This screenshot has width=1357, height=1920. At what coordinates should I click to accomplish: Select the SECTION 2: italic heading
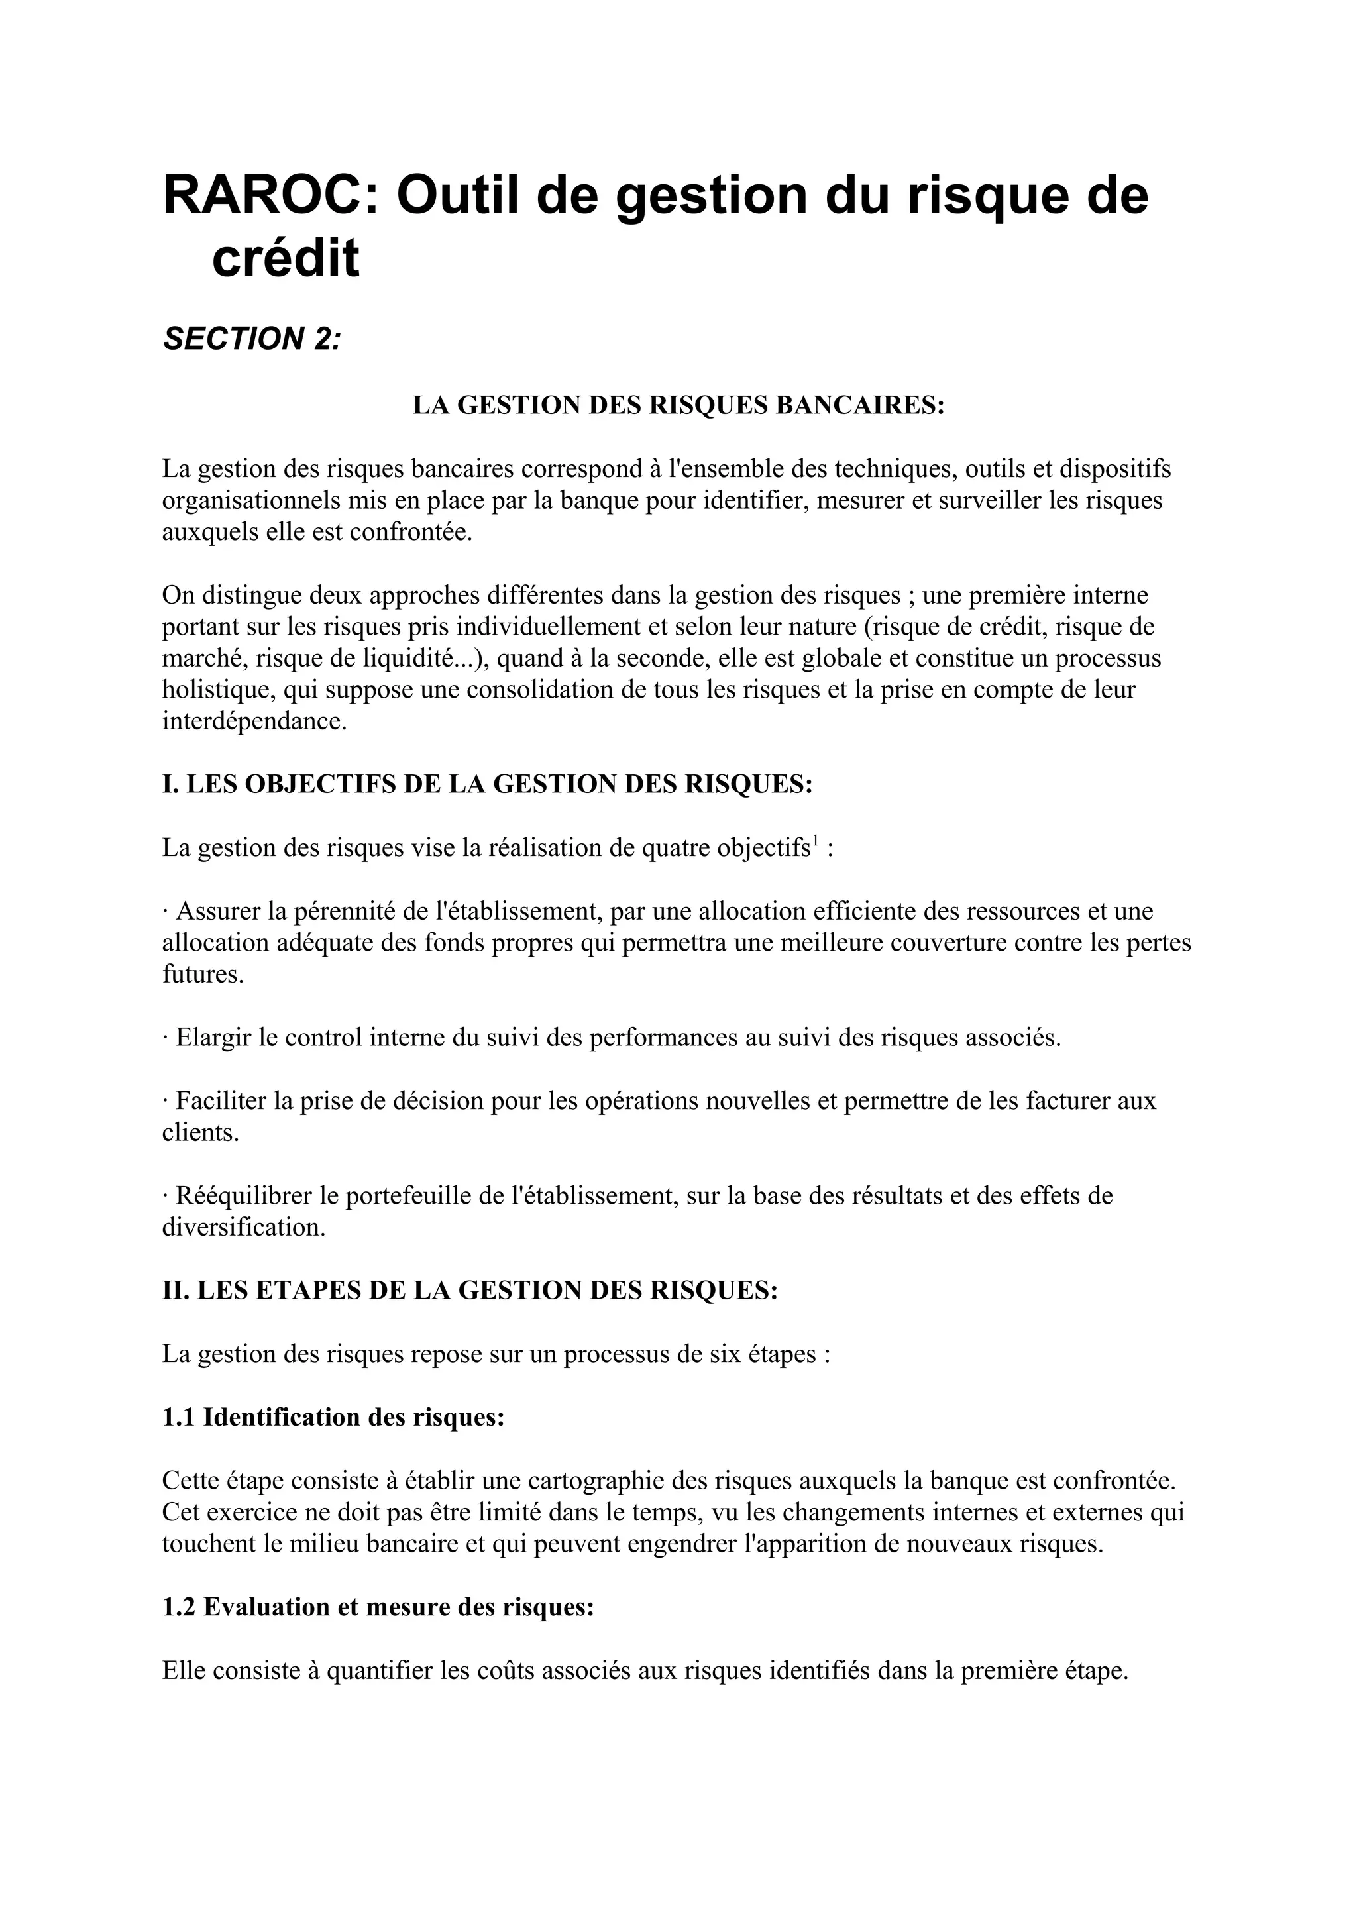click(252, 339)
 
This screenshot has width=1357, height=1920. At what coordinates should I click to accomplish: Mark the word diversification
click(243, 1228)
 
